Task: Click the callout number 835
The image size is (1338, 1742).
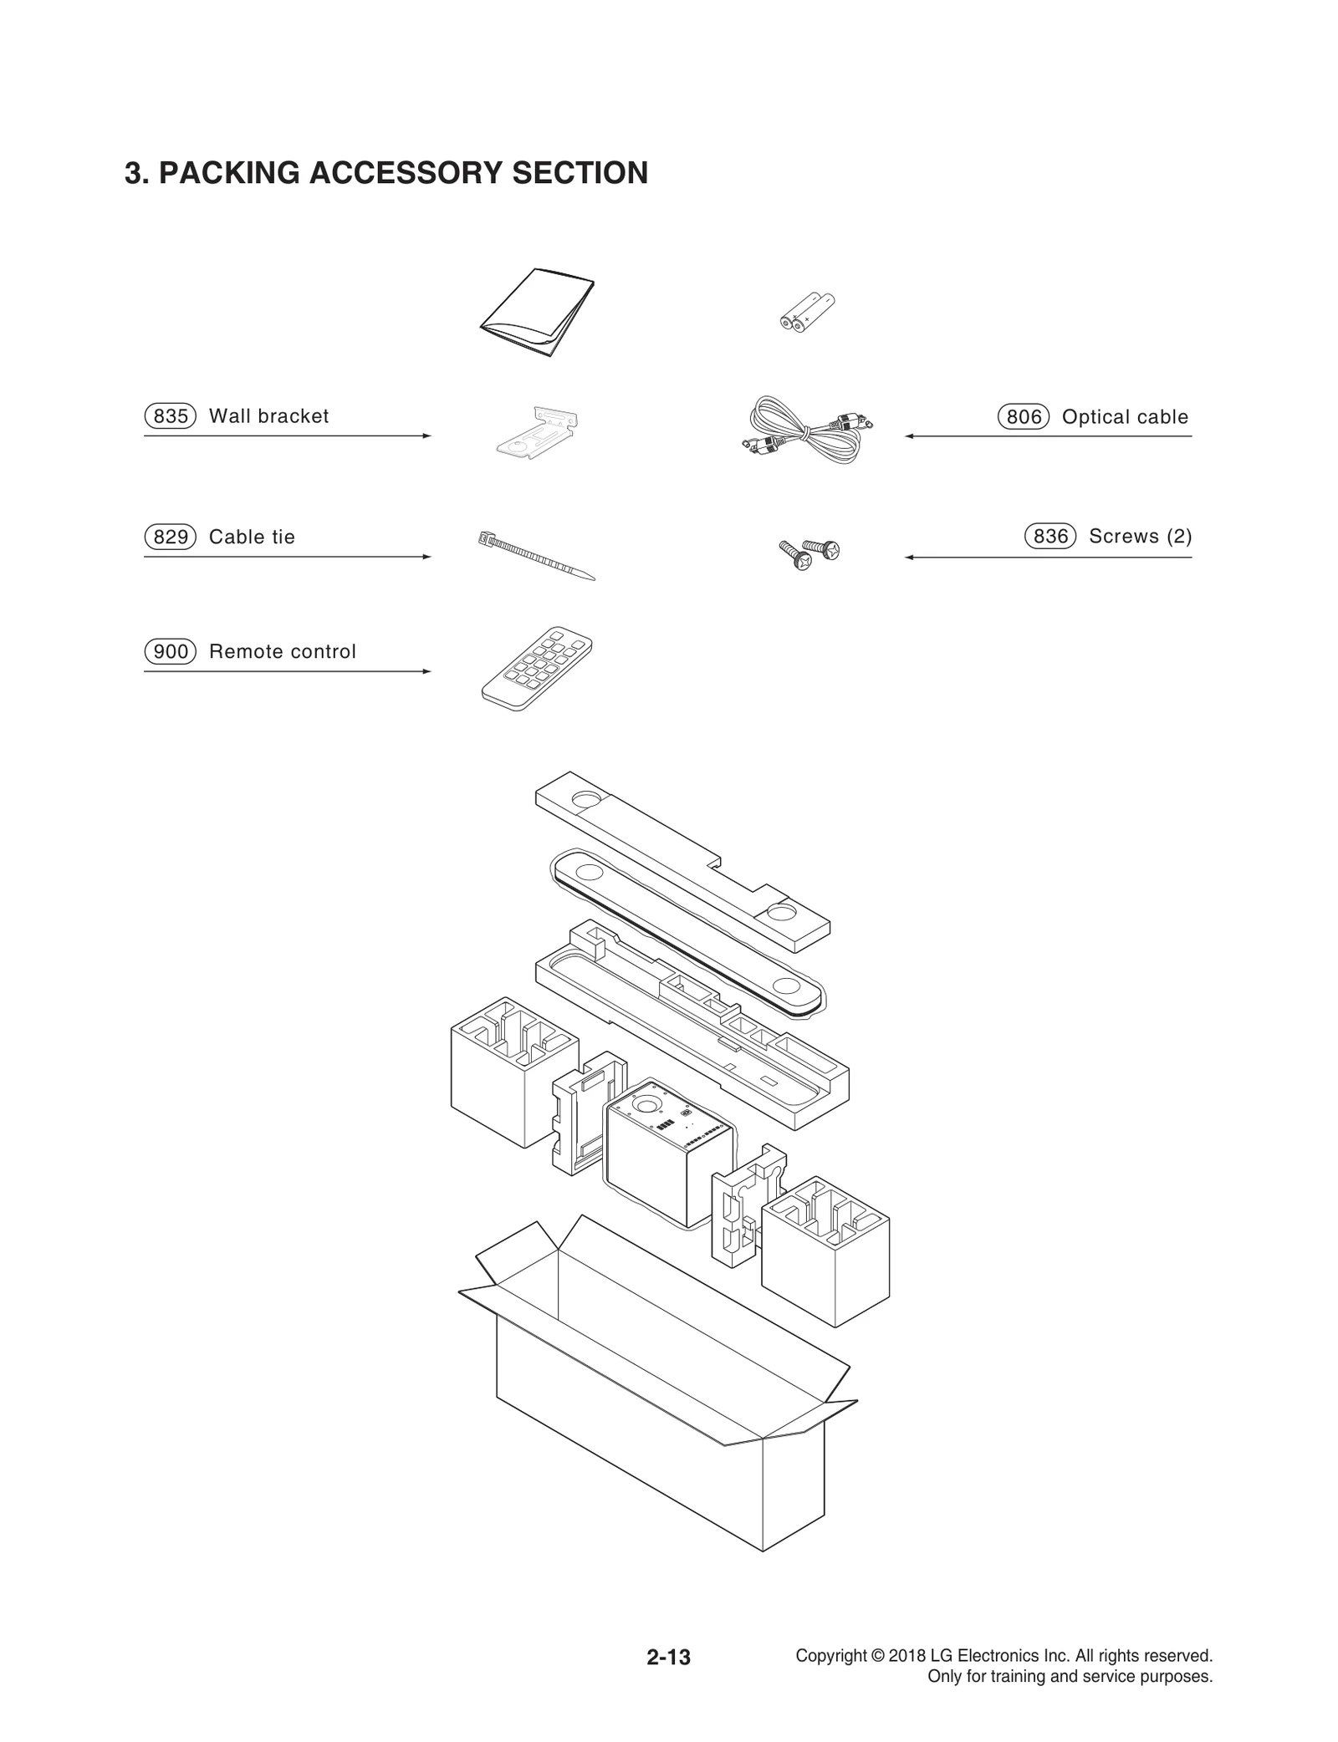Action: [170, 415]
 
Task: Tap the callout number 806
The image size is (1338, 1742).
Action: [1023, 416]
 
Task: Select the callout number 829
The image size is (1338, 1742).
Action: [170, 537]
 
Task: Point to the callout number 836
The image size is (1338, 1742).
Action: [1050, 536]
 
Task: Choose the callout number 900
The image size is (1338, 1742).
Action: [170, 651]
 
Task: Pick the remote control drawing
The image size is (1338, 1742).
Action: [537, 669]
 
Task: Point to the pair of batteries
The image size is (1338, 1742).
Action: [807, 313]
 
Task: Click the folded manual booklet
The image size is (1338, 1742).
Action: [538, 313]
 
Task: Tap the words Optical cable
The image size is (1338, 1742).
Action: [1124, 416]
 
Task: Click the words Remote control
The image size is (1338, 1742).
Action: [282, 651]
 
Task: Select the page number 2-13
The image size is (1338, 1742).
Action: [668, 1657]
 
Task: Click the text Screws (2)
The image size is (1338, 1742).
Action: [1140, 536]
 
